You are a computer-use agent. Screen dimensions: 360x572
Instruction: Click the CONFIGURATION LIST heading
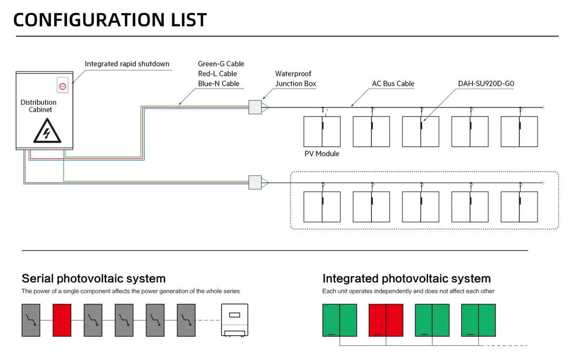point(110,20)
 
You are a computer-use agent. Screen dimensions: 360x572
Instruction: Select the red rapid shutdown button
point(62,86)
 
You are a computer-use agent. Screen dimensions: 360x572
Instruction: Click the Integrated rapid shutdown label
point(127,64)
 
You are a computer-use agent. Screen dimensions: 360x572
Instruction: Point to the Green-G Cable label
point(221,64)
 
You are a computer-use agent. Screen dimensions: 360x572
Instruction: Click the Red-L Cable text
point(218,73)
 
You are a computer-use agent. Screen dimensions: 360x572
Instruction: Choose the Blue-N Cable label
point(219,84)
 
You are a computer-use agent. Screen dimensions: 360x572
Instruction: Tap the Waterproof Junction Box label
point(295,79)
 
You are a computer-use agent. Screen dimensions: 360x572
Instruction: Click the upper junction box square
point(255,107)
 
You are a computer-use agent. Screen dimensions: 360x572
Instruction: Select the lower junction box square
point(255,182)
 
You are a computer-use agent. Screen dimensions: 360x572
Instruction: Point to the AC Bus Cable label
point(393,84)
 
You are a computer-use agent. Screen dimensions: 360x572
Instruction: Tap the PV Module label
point(322,154)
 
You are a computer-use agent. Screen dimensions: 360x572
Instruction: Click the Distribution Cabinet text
point(38,106)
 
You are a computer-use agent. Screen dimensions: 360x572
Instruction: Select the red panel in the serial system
point(62,320)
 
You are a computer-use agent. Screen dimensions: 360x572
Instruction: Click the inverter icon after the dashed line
point(235,321)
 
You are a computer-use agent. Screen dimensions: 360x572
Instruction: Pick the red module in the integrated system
point(386,321)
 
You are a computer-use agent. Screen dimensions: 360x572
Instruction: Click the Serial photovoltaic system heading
point(93,279)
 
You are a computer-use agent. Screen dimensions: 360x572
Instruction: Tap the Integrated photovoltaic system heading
point(407,279)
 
